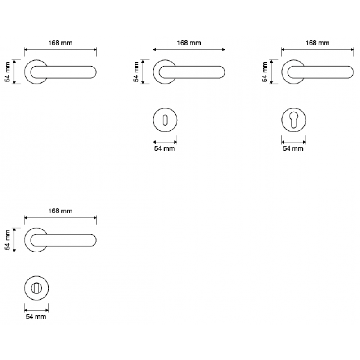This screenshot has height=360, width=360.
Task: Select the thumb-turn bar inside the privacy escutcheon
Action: (x=36, y=288)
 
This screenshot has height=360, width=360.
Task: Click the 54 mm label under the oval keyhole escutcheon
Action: (x=165, y=148)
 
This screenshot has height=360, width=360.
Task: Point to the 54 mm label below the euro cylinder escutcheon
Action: (x=293, y=148)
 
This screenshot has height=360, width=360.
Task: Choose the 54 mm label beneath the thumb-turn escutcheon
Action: (x=36, y=317)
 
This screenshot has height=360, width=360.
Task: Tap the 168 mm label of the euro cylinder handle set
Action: (x=318, y=43)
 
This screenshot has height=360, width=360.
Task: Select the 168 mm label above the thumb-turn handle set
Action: (x=60, y=211)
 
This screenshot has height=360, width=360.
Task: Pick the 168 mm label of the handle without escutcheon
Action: (x=60, y=43)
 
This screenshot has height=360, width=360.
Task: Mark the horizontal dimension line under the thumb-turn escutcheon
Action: (x=36, y=310)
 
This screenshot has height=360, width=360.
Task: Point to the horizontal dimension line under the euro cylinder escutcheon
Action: (x=293, y=141)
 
